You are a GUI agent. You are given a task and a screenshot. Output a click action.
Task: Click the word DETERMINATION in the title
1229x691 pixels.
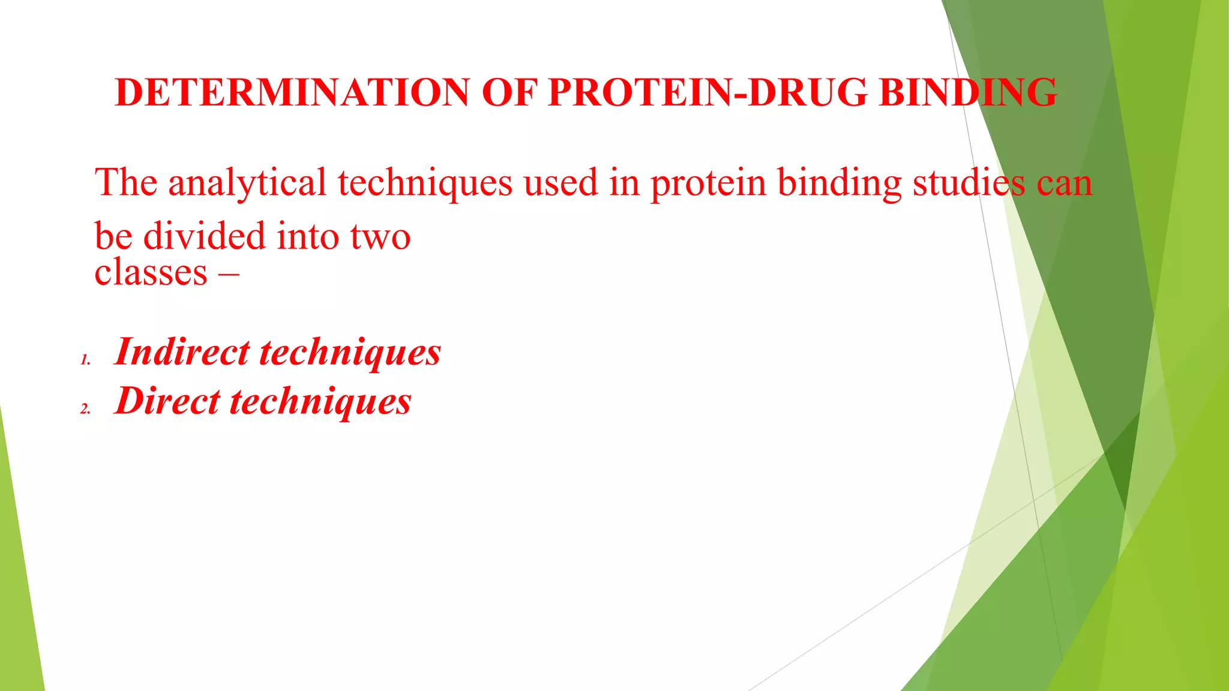[x=292, y=92]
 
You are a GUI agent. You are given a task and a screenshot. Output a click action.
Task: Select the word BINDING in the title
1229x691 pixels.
[x=967, y=92]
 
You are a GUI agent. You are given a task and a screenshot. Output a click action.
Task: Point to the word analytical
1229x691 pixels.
[x=247, y=183]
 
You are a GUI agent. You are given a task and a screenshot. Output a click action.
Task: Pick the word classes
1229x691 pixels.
[x=151, y=273]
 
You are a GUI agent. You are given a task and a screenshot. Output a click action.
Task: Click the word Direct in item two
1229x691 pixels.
[x=167, y=401]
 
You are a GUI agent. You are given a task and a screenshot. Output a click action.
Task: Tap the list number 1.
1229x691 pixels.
[x=85, y=360]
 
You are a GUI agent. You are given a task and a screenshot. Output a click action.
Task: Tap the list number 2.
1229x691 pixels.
[x=85, y=409]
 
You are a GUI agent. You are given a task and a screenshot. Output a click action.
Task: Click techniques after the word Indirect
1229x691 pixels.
[x=350, y=353]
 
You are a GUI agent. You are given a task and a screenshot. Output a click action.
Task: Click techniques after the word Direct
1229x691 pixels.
[x=321, y=402]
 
